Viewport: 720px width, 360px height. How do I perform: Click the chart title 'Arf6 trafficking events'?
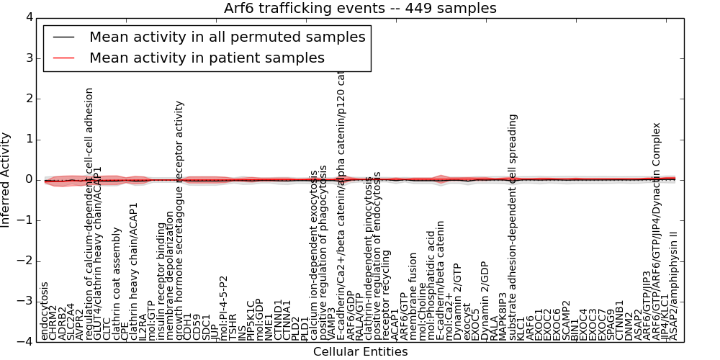(x=360, y=8)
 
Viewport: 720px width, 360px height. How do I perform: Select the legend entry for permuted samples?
(x=227, y=37)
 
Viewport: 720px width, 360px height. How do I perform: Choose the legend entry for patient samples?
(x=207, y=58)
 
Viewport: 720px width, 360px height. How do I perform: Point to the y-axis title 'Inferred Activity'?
(x=6, y=180)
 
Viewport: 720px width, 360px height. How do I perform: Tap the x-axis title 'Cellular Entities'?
(x=360, y=352)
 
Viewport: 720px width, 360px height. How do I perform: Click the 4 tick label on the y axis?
(x=28, y=17)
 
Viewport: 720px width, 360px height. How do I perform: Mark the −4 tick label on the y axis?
(x=25, y=342)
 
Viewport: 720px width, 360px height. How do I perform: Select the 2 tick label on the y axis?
(x=28, y=99)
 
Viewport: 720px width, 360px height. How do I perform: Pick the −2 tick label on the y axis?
(x=25, y=261)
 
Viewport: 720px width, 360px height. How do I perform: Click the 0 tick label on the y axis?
(x=28, y=180)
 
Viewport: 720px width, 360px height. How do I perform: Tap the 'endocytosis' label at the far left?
(x=45, y=311)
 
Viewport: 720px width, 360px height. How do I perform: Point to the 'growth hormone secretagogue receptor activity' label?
(x=179, y=220)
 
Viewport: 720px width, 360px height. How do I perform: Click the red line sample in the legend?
(x=63, y=58)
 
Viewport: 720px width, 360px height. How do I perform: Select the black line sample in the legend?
(x=63, y=37)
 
